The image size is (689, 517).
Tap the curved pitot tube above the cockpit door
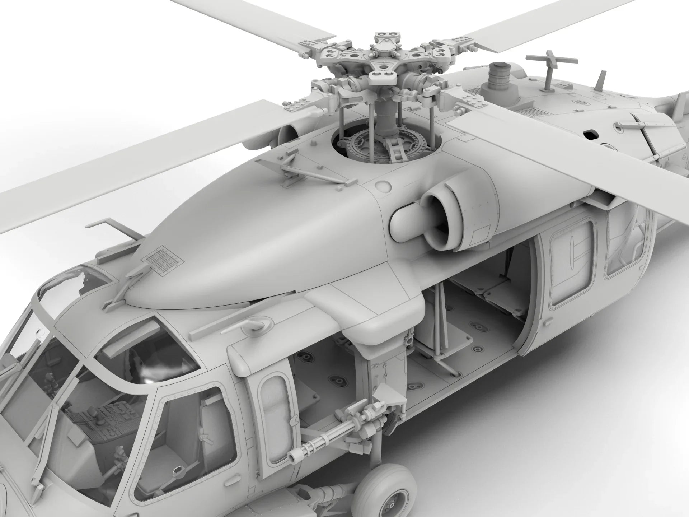click(x=257, y=325)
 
